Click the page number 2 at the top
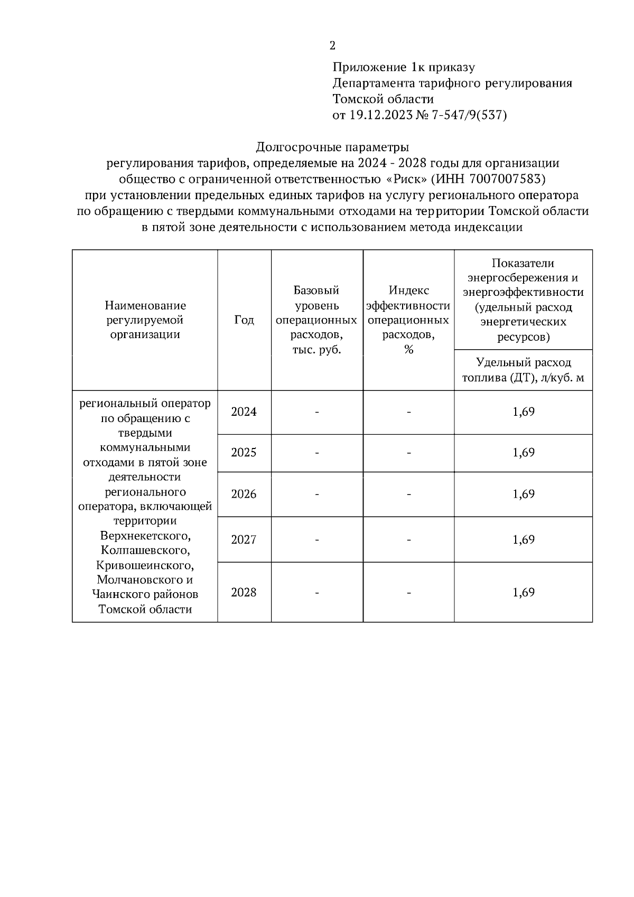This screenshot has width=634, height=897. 332,46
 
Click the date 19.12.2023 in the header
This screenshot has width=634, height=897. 380,115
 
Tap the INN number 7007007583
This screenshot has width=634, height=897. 507,179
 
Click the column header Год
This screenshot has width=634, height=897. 244,320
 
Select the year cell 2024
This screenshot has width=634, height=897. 244,412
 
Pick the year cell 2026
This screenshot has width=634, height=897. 244,494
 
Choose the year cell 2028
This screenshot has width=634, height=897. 244,592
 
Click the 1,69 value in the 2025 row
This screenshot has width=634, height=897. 524,453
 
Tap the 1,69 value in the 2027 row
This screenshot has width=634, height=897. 524,539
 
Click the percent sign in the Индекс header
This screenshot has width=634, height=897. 408,350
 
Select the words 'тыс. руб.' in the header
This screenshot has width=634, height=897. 317,350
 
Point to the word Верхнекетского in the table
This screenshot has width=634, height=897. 145,536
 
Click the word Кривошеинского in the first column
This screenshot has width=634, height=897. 145,565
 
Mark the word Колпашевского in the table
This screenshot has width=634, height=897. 145,550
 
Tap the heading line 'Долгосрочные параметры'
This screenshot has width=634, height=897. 333,146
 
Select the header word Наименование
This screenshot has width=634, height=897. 145,305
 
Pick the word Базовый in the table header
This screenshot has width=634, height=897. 316,291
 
